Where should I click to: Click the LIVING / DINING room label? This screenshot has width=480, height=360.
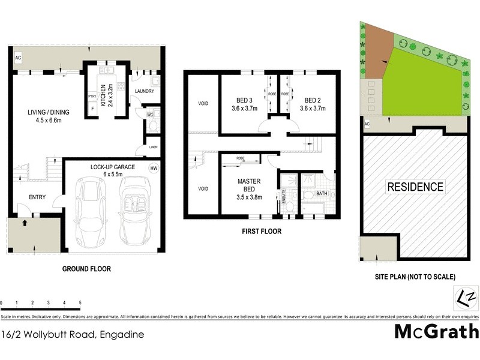41,116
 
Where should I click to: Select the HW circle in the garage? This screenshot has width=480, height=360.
154,169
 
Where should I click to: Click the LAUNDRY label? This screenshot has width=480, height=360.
145,91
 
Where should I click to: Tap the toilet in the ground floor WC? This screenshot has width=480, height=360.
152,126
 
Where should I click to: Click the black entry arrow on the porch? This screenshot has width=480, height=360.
25,224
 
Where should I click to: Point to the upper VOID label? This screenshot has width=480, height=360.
203,103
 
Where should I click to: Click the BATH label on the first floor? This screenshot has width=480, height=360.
321,193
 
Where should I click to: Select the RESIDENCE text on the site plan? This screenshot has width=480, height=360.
415,187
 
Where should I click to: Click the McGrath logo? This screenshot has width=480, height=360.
436,331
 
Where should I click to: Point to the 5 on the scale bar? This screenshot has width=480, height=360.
79,303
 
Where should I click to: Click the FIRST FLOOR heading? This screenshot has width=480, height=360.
262,231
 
